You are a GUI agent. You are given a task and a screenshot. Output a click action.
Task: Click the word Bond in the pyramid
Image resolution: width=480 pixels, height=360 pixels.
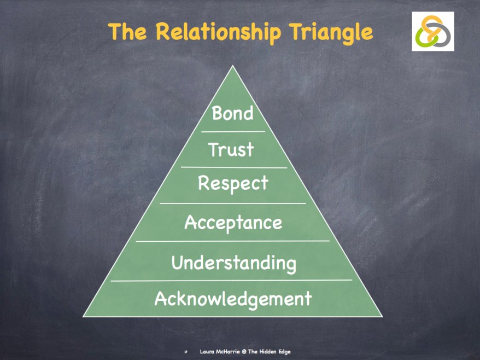point(232,113)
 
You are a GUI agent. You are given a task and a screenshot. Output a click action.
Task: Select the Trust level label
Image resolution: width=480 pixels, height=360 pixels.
point(231,149)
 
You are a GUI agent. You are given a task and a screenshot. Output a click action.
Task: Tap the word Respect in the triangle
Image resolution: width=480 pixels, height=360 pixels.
point(233,183)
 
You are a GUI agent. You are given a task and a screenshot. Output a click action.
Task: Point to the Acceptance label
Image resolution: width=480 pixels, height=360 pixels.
point(233,223)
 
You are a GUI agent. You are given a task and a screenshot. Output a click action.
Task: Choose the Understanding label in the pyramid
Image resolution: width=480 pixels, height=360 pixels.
point(233,263)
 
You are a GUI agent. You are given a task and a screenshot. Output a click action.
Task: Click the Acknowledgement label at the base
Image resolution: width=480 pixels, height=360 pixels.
point(233,299)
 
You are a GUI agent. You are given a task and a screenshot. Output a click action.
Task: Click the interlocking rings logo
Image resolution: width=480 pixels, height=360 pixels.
point(433,32)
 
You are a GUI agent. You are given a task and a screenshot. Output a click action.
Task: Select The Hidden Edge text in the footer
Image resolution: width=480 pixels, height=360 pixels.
point(269,351)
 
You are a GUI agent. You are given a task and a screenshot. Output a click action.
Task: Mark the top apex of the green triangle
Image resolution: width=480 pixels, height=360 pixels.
point(233,67)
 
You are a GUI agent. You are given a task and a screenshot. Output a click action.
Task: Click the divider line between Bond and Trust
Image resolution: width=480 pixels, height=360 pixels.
point(233,131)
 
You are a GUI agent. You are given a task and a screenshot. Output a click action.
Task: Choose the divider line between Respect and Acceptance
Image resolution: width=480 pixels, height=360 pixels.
point(233,203)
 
